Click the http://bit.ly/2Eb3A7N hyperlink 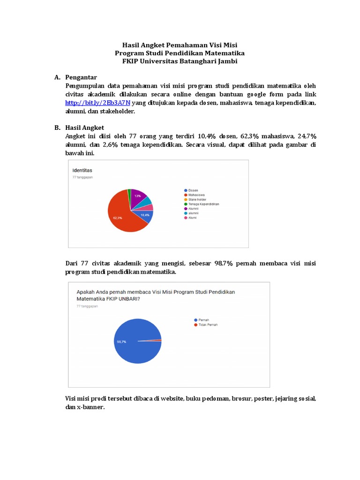(97, 103)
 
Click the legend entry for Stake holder (197, 199)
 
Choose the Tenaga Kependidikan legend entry (203, 204)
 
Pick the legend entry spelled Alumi (192, 217)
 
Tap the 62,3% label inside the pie (118, 217)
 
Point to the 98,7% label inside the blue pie (121, 342)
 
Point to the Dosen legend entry (193, 190)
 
